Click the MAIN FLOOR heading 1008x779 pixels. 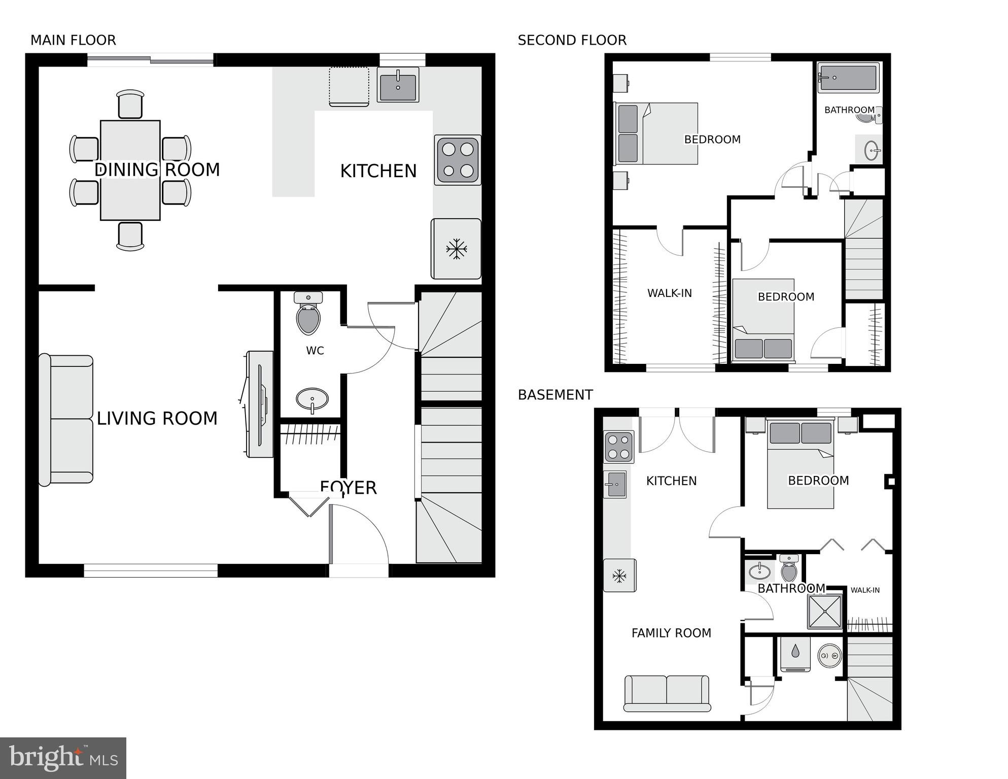tap(73, 40)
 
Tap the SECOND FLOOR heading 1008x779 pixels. tap(572, 40)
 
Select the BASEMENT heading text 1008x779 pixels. tap(555, 395)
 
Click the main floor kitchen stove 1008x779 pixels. tap(458, 160)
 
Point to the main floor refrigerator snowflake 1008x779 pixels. tap(456, 249)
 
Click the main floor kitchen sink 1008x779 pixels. tap(398, 85)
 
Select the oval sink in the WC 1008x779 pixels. tap(312, 399)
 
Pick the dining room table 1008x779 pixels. tap(130, 170)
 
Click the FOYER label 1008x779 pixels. tap(349, 488)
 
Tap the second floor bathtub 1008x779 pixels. tap(849, 78)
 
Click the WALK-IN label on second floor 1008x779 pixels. tap(669, 293)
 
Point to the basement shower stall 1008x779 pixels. tap(824, 612)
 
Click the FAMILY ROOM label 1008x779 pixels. tap(671, 633)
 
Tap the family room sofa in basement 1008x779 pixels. tap(667, 693)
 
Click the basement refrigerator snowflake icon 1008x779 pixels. tap(619, 575)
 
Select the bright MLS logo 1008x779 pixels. tap(63, 758)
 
